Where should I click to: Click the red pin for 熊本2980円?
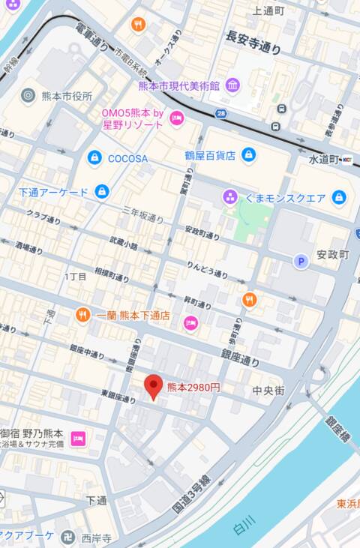coord(153,386)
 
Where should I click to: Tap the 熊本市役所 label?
coord(67,96)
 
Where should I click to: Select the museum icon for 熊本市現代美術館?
coord(232,85)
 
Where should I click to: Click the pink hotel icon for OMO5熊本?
coord(177,118)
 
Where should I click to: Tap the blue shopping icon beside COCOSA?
coord(94,158)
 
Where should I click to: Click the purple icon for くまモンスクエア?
coord(230,197)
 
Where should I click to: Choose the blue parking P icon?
coord(301,261)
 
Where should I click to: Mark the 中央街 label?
coord(268,391)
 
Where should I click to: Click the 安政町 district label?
coord(332,255)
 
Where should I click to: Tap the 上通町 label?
coord(268,10)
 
